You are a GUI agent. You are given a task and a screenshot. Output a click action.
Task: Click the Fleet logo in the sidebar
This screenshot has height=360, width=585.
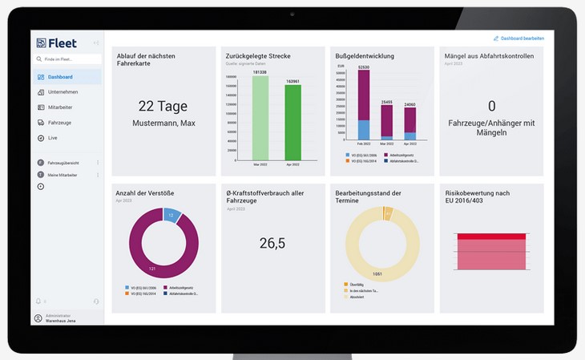point(57,42)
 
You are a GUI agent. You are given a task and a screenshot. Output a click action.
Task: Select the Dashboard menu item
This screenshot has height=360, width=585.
point(60,77)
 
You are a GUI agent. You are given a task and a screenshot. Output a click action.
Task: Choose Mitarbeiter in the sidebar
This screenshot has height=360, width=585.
point(62,107)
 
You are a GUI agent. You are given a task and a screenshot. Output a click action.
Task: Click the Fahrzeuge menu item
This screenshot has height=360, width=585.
point(61,123)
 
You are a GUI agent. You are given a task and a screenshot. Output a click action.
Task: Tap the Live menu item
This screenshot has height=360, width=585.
point(53,138)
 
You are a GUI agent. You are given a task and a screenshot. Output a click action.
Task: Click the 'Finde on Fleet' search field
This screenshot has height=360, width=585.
point(67,59)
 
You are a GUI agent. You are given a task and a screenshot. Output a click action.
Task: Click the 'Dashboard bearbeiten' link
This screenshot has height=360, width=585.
point(521,38)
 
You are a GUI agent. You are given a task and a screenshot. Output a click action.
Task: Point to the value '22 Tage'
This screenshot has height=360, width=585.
point(163,106)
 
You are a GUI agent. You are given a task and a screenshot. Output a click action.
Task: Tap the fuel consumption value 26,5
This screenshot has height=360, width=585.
point(272,242)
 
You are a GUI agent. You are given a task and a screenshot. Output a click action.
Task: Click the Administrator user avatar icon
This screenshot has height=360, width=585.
point(38,318)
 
